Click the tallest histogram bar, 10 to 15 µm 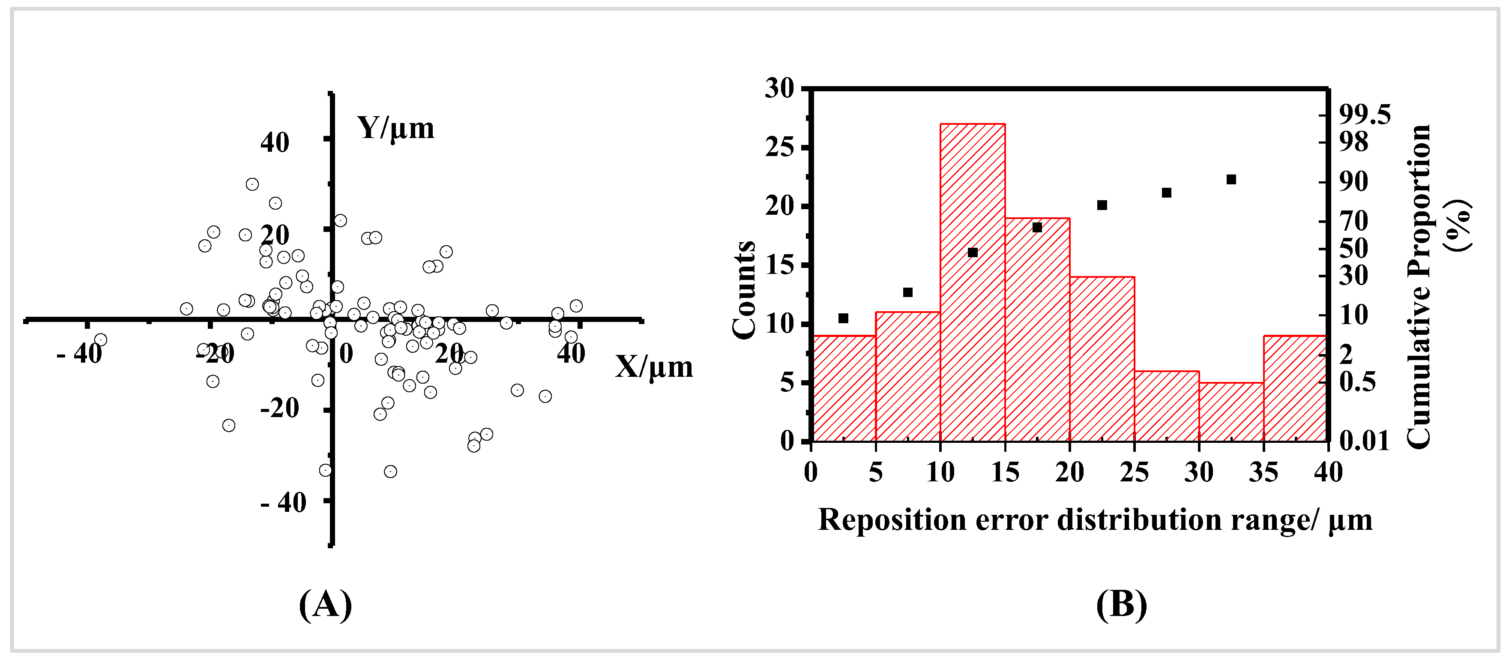(x=973, y=281)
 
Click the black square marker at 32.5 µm (x=1231, y=179)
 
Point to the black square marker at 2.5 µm (x=844, y=318)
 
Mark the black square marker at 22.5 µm (x=1102, y=205)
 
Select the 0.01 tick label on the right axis (x=1364, y=441)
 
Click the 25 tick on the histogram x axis (x=1135, y=472)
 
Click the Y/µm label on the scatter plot (x=396, y=128)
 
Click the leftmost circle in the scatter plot (x=101, y=340)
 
